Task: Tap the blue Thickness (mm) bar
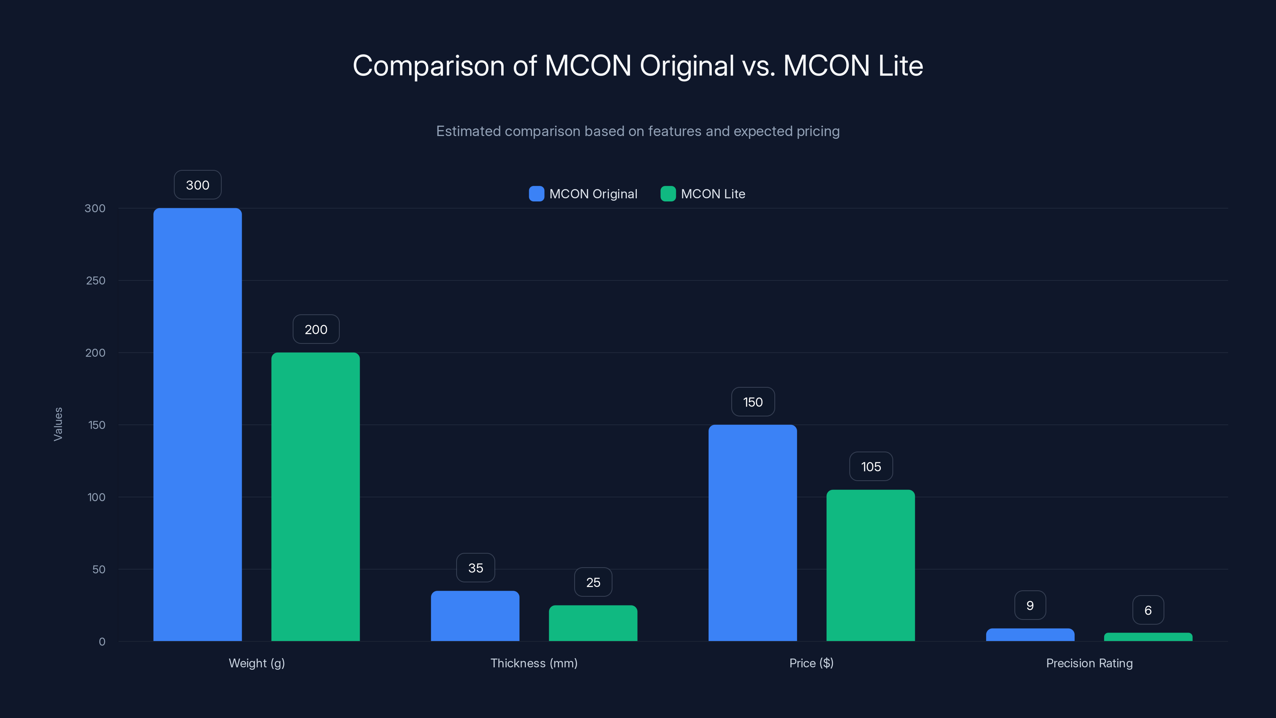click(x=475, y=616)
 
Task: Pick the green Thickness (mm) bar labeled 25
click(x=593, y=623)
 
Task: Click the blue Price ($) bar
click(x=752, y=533)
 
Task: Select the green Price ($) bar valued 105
click(x=870, y=565)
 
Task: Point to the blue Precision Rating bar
click(x=1030, y=635)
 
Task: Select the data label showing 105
click(x=871, y=466)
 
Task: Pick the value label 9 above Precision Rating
click(x=1030, y=605)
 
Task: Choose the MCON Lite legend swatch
click(x=668, y=194)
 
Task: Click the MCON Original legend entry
click(x=593, y=194)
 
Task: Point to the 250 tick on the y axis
click(x=96, y=280)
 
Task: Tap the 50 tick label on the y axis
click(x=98, y=569)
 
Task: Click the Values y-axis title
click(x=58, y=424)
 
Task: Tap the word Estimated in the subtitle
click(x=468, y=131)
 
